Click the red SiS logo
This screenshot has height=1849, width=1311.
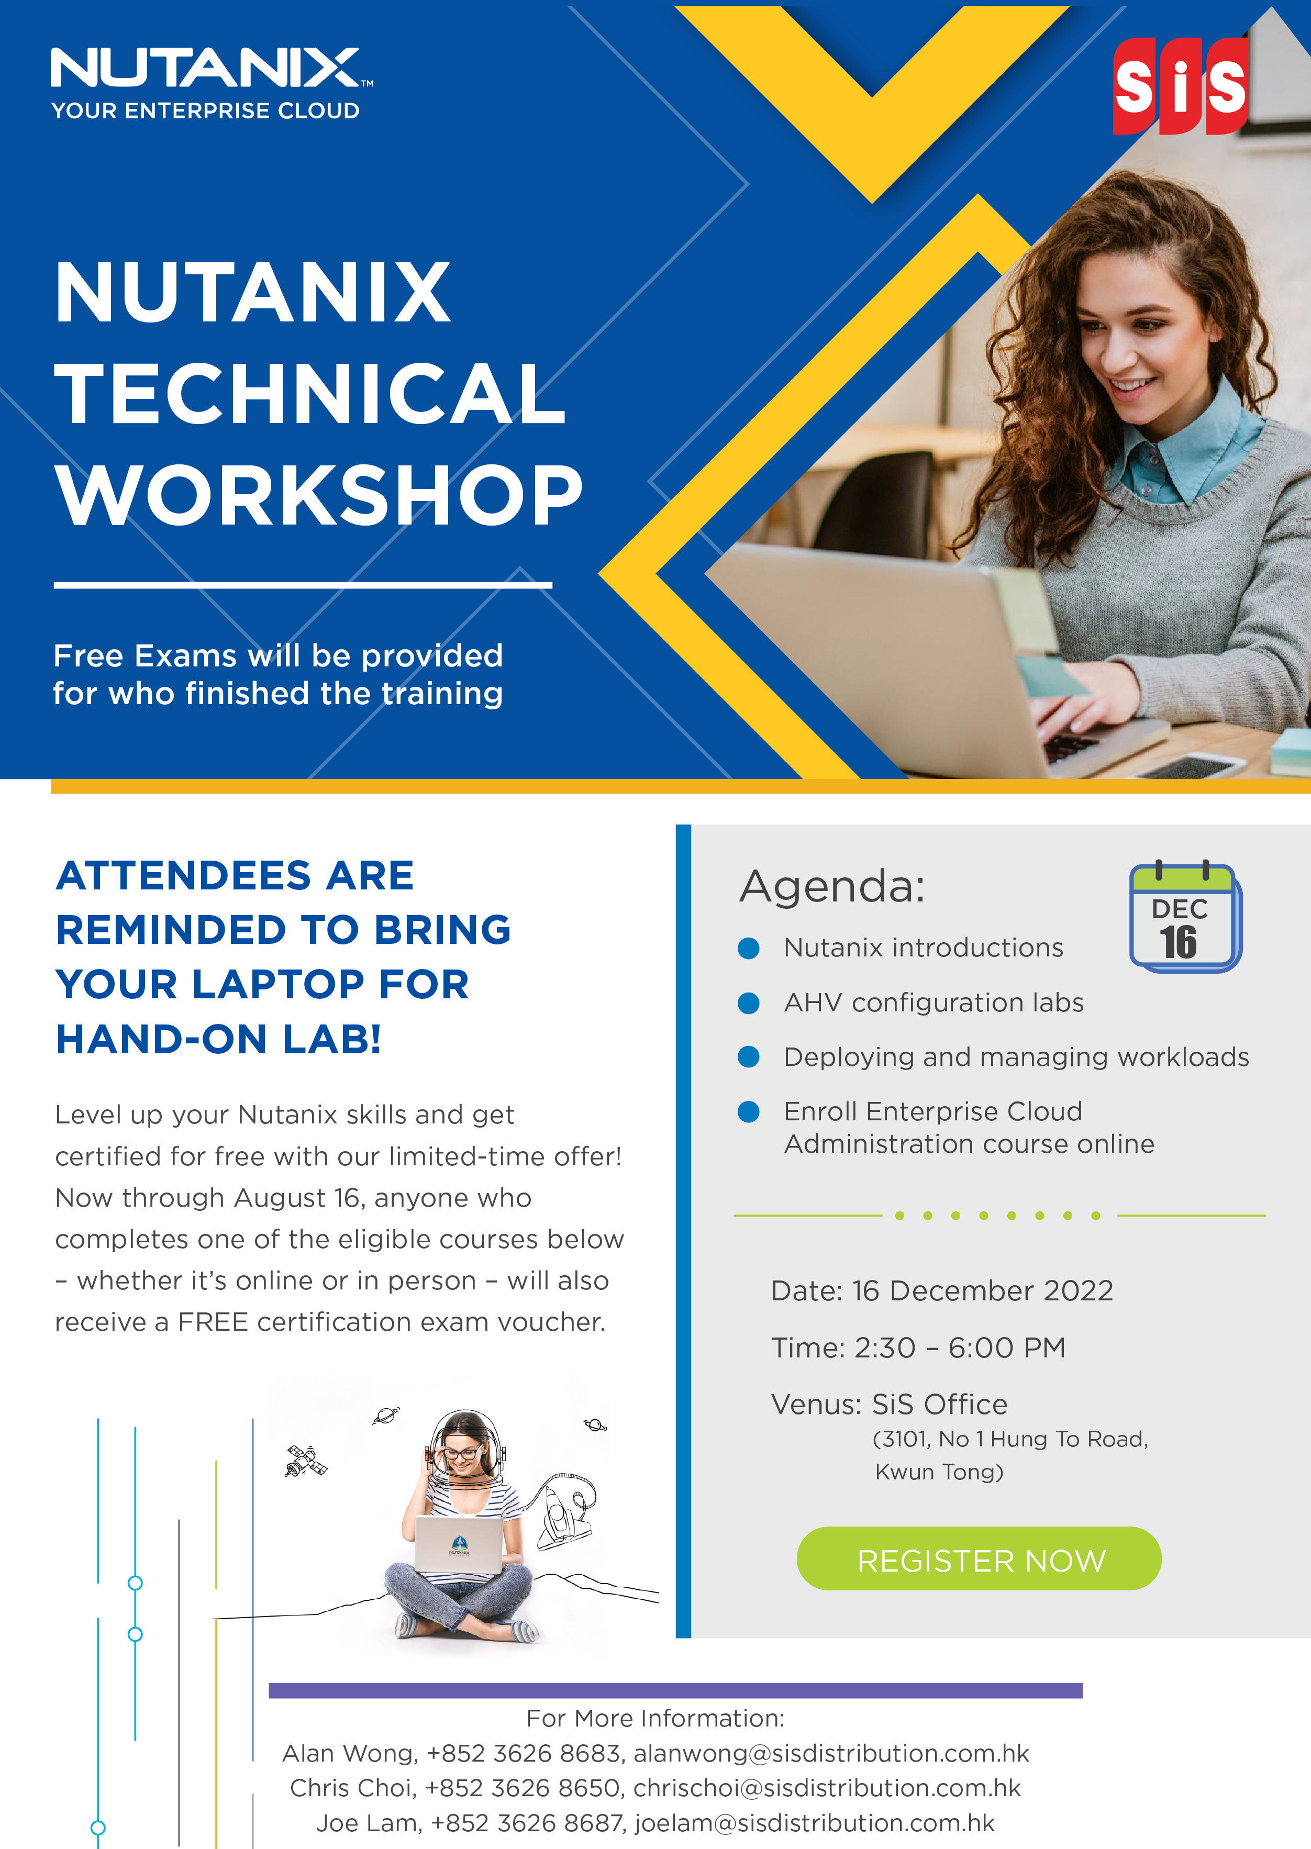(1180, 85)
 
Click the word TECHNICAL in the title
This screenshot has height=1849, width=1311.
(310, 393)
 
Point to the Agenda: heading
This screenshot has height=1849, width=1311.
(832, 886)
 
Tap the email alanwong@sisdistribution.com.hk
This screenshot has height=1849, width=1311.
(831, 1754)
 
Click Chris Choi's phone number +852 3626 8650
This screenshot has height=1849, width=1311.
(523, 1788)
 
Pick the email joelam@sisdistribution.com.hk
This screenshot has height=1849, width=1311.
(815, 1823)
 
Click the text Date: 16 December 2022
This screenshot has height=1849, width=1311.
(942, 1290)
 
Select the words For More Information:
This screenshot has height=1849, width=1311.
(654, 1718)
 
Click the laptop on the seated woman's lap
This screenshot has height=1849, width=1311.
(459, 1544)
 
